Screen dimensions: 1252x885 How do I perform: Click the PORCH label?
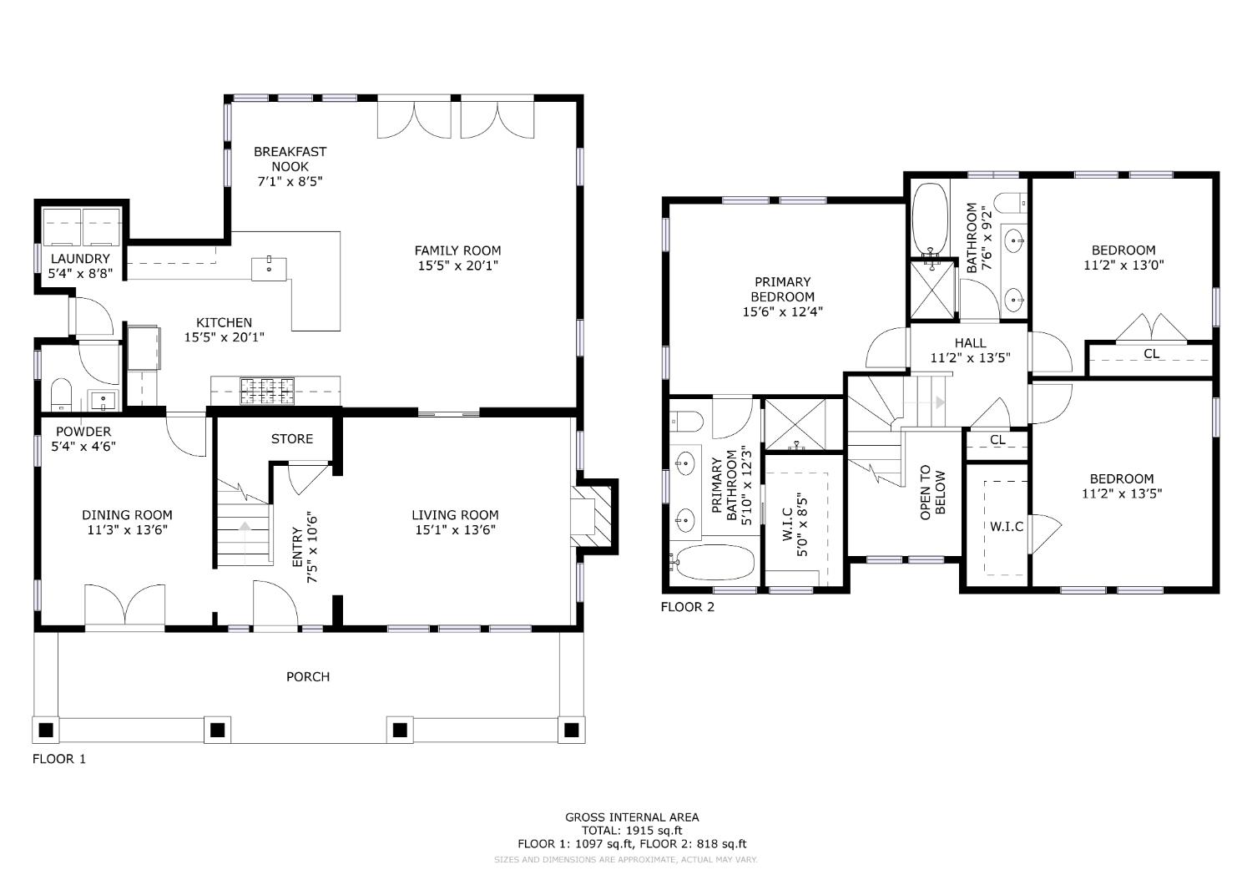click(307, 676)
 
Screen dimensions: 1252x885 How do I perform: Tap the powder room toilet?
click(61, 394)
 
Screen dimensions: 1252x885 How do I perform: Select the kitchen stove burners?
click(267, 391)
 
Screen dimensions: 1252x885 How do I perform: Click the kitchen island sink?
click(269, 269)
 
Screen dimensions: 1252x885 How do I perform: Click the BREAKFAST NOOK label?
click(290, 159)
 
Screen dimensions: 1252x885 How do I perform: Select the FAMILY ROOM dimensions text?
click(457, 265)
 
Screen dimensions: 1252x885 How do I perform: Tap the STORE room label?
click(292, 439)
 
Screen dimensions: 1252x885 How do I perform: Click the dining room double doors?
click(124, 604)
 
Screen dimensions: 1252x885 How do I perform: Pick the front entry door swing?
click(275, 603)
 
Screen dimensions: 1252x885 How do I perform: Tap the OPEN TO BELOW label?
click(933, 492)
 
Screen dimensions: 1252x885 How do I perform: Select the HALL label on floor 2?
click(970, 342)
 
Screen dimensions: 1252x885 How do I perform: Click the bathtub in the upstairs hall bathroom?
click(930, 221)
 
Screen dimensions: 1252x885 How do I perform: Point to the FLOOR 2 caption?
click(688, 607)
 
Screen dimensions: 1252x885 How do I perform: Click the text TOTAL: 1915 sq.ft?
click(632, 831)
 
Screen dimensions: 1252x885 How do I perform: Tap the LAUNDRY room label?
click(80, 258)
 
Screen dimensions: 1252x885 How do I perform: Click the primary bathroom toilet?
click(686, 421)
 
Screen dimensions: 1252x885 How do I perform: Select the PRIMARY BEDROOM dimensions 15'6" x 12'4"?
click(782, 311)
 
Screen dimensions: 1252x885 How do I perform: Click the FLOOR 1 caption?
click(59, 759)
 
